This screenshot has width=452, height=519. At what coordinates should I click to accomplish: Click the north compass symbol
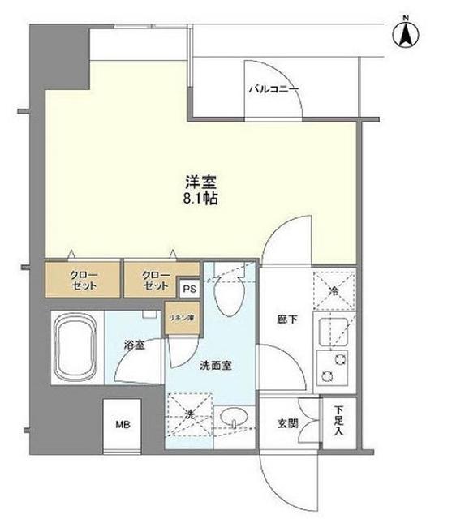coord(405,34)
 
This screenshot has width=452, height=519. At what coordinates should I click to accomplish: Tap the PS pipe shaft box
coord(189,288)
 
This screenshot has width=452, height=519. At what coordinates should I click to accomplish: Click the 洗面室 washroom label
coord(216,366)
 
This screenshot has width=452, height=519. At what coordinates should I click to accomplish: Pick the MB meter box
coord(122,425)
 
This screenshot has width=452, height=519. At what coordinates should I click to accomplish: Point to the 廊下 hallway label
coord(286,320)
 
